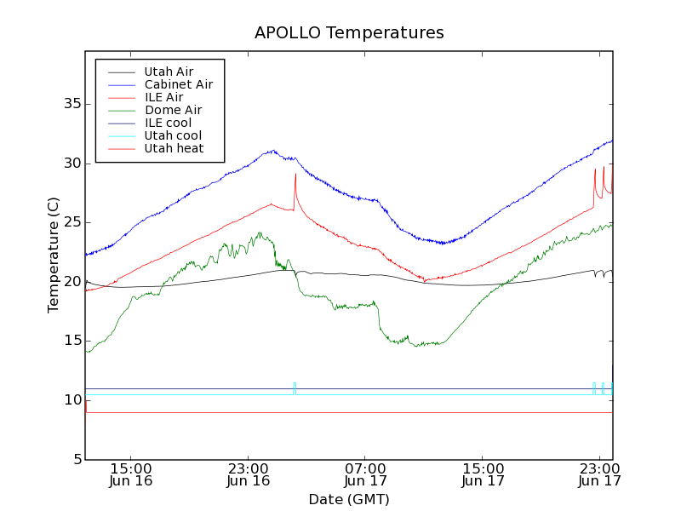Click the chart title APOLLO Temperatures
(349, 33)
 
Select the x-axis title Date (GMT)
(348, 499)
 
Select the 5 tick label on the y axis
(75, 460)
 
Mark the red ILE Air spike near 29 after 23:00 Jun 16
(295, 175)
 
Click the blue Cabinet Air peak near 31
(272, 151)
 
